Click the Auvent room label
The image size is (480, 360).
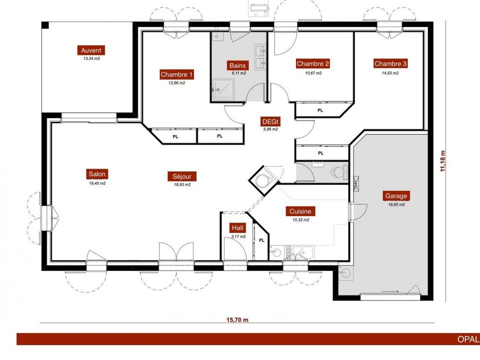[x=91, y=50]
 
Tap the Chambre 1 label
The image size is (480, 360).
[x=176, y=74]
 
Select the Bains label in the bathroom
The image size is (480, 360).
[x=237, y=65]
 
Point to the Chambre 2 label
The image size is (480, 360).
[x=312, y=63]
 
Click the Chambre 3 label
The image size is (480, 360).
[x=390, y=63]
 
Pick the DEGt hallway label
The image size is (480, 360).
[x=270, y=121]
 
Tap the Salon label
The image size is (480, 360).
[x=97, y=174]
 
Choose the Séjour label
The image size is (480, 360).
[x=182, y=176]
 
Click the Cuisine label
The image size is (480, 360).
[x=300, y=211]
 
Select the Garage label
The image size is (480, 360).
[x=396, y=196]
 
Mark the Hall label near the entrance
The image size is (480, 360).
[x=237, y=228]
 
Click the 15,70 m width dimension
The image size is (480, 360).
[x=237, y=320]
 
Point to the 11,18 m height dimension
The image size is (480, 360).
[x=442, y=161]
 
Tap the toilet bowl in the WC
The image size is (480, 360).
[x=339, y=172]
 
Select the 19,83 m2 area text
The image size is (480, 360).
[x=396, y=204]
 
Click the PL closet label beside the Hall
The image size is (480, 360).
[x=261, y=240]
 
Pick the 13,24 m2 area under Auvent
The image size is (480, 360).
[x=91, y=58]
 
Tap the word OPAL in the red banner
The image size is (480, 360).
[x=468, y=339]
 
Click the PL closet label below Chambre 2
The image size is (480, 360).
[x=320, y=110]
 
